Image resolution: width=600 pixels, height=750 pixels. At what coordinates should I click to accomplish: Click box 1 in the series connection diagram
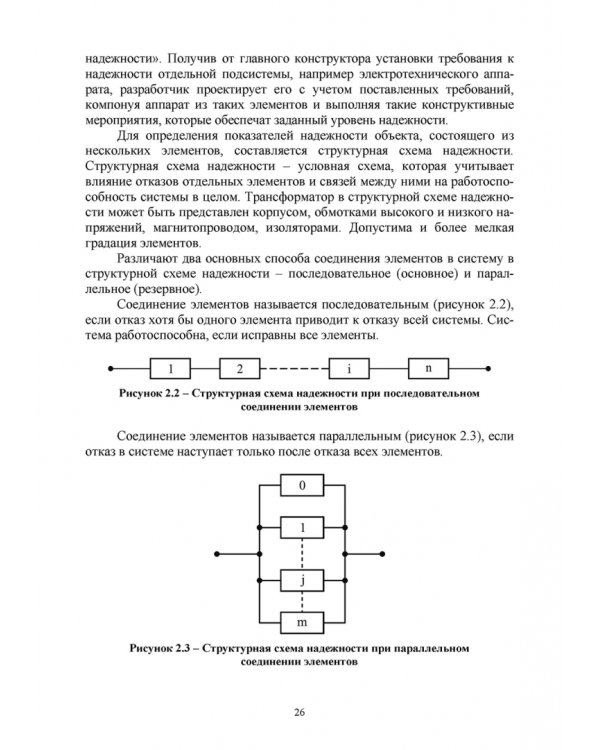[172, 369]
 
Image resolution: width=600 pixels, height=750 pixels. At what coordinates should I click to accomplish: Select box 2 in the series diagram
[240, 369]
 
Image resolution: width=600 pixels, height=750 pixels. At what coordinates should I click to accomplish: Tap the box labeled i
[350, 369]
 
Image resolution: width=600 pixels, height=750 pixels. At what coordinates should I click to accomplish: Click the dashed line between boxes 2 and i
[295, 369]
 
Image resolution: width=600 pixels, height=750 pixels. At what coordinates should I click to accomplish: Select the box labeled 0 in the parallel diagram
[301, 487]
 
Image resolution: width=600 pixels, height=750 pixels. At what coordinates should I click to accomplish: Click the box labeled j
[301, 578]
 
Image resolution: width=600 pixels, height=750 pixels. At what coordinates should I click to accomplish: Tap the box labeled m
[301, 622]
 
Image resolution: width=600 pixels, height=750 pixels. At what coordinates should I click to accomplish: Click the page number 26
[299, 711]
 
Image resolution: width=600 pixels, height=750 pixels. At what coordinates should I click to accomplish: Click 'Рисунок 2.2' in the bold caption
[150, 395]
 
